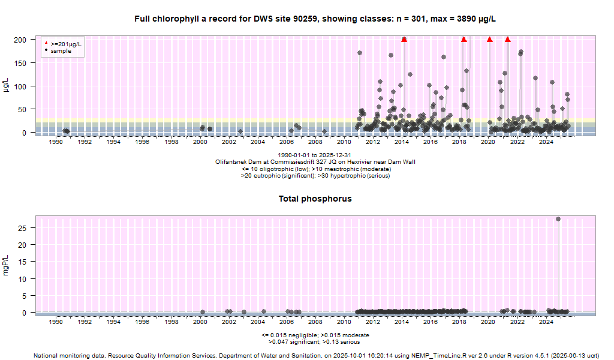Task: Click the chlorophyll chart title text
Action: pyautogui.click(x=315, y=19)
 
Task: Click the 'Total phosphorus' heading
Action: pyautogui.click(x=315, y=199)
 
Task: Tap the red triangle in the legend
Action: pyautogui.click(x=47, y=44)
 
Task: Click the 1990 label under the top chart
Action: pyautogui.click(x=55, y=142)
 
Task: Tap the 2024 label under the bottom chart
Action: pyautogui.click(x=546, y=322)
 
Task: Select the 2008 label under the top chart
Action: pyautogui.click(x=315, y=142)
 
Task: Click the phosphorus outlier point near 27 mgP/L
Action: pyautogui.click(x=558, y=219)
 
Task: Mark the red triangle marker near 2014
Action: pyautogui.click(x=404, y=40)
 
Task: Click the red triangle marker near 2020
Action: pyautogui.click(x=490, y=40)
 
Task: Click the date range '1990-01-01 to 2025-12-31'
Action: pyautogui.click(x=315, y=155)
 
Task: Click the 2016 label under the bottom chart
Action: pyautogui.click(x=430, y=322)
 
